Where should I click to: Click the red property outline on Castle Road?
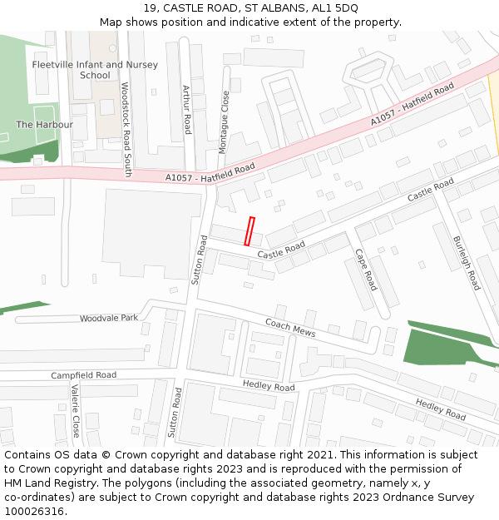pos(249,231)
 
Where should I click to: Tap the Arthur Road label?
pos(186,109)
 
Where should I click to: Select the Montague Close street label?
pos(224,121)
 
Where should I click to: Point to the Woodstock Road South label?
pos(126,129)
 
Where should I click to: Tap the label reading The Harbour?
pos(45,125)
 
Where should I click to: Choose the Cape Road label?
pos(366,270)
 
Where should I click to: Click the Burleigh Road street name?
pos(467,263)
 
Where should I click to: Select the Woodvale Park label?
pos(109,319)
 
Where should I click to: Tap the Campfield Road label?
pos(83,375)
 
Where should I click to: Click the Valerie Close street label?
pos(75,411)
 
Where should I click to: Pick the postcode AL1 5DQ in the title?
pos(336,7)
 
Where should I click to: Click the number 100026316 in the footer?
pos(33,512)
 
